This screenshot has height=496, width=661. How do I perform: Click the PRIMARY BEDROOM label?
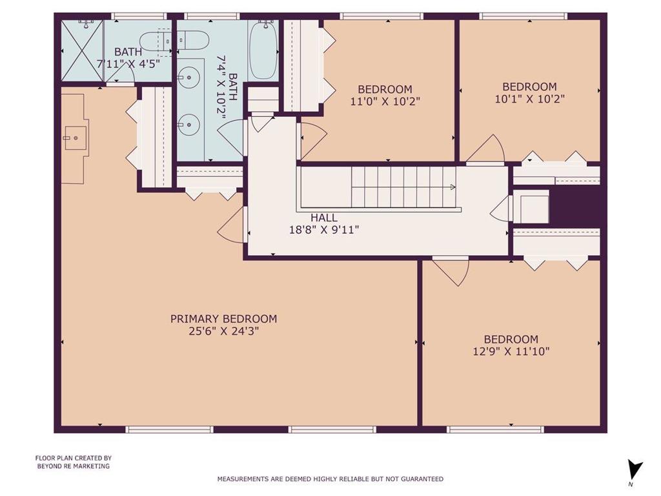[223, 319]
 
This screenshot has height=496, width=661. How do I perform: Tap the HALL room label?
[324, 218]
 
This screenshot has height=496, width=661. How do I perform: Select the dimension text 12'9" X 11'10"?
[511, 351]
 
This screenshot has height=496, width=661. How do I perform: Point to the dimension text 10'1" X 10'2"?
[529, 99]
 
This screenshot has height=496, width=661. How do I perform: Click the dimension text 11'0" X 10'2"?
[385, 101]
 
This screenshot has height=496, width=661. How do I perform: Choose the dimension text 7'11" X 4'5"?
[128, 64]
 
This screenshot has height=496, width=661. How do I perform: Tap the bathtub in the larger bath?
[264, 50]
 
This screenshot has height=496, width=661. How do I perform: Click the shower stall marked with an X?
[83, 50]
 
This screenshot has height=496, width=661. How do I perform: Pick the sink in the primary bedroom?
[76, 138]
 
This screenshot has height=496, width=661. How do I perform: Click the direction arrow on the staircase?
[453, 187]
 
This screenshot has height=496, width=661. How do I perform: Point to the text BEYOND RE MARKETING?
[74, 466]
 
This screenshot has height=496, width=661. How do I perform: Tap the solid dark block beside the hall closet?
[575, 206]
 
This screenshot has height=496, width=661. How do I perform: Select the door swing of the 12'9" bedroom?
[451, 272]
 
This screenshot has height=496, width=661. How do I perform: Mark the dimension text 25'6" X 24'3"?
[223, 331]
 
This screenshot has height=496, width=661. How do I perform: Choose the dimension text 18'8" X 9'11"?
[324, 230]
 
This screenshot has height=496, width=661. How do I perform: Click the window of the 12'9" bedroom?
[495, 429]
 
